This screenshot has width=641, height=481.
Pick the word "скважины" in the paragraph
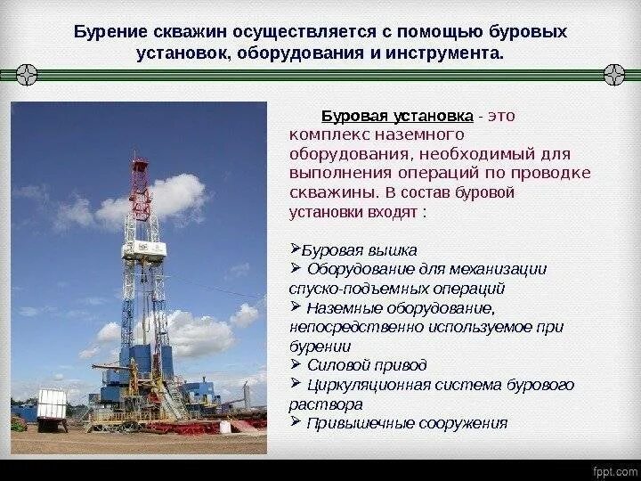coord(322,192)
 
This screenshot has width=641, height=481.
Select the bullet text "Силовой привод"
coord(367,365)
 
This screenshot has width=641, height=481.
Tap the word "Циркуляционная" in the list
coord(365,385)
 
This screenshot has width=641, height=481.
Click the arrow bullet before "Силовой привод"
coord(296,364)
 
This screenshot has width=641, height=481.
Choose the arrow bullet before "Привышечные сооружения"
coord(296,422)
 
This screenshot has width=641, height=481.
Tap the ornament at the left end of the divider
coord(26,74)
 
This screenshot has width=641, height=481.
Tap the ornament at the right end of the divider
coord(615,74)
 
